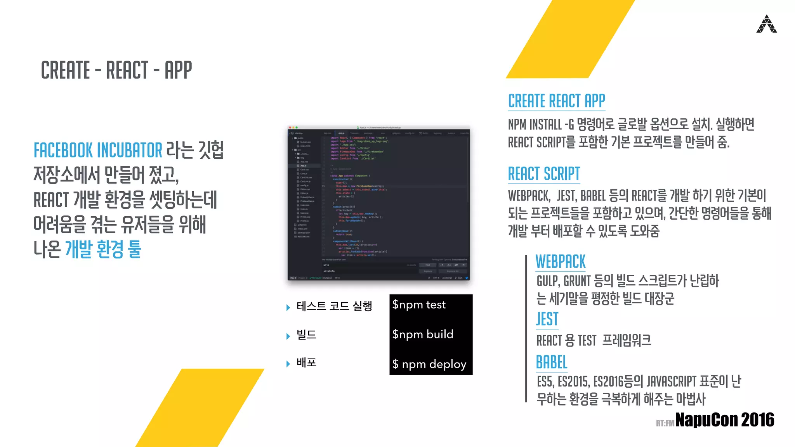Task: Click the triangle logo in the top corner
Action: [766, 24]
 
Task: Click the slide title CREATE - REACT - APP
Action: [116, 70]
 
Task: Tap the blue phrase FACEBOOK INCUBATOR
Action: [98, 151]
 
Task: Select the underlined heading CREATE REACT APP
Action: [556, 101]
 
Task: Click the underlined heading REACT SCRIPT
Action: [544, 174]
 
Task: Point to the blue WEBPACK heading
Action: [560, 262]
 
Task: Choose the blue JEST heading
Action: [547, 319]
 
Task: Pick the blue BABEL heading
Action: [551, 362]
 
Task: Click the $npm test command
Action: [419, 305]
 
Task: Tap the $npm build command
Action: [423, 334]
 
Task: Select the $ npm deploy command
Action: [429, 364]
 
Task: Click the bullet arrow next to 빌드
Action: [288, 336]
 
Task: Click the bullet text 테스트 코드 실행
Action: [334, 306]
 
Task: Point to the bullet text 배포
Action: [306, 363]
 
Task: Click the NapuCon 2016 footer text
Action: [725, 420]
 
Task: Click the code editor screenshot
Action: [378, 203]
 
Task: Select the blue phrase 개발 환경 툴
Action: [103, 249]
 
